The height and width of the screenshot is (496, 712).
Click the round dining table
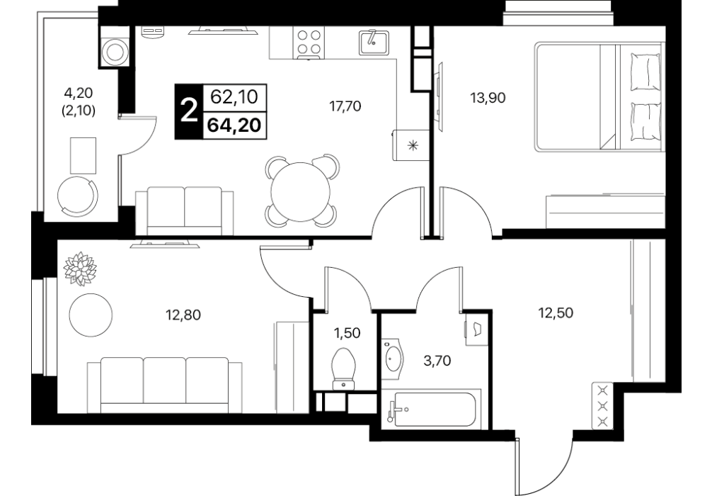(300, 191)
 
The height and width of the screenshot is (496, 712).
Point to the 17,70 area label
(345, 106)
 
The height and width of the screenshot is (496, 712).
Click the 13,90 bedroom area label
(488, 98)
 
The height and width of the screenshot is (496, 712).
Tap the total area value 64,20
(234, 125)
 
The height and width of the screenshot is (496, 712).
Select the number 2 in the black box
(189, 111)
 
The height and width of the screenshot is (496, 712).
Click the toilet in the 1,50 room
(345, 368)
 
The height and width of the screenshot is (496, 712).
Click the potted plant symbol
(80, 269)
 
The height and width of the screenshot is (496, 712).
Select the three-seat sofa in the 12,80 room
(164, 385)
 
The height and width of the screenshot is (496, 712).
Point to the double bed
(599, 97)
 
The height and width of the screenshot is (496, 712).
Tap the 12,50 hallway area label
(556, 312)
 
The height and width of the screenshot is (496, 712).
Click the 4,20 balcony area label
(78, 94)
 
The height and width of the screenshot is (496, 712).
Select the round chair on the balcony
(78, 196)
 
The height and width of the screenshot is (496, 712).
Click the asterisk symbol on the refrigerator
(413, 146)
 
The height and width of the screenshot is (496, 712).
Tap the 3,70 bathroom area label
(437, 361)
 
